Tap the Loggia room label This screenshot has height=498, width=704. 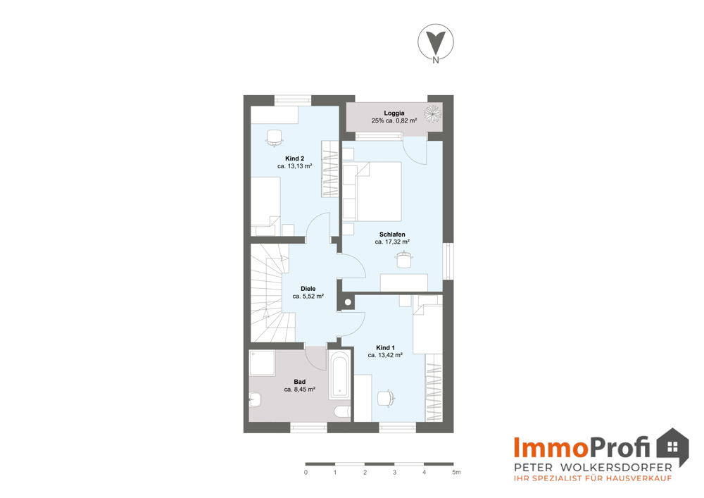click(394, 113)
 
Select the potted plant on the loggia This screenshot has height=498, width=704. click(433, 113)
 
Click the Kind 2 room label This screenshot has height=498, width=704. click(294, 158)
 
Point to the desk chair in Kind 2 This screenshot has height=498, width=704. click(275, 138)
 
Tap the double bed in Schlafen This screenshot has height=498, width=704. click(372, 192)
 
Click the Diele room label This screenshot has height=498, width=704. click(308, 289)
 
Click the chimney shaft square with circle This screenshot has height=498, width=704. click(348, 303)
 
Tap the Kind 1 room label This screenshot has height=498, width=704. click(385, 347)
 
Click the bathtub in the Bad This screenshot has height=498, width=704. click(339, 375)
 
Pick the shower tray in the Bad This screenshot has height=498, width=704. click(262, 363)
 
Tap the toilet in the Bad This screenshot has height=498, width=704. click(343, 412)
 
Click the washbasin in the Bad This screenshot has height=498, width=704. click(255, 399)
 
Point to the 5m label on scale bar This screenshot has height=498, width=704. click(456, 473)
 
